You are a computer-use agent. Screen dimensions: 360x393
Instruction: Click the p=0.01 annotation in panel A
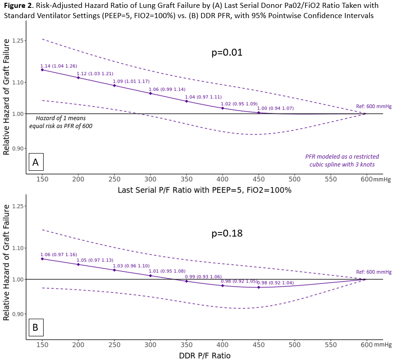(227, 52)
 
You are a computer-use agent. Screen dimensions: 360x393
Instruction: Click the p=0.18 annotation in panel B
(227, 233)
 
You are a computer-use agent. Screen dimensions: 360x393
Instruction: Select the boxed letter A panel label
(35, 162)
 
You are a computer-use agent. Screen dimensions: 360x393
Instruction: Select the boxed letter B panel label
(35, 328)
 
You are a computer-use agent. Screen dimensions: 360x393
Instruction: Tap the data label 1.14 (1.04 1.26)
(58, 66)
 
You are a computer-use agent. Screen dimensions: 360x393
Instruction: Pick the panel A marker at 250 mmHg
(114, 85)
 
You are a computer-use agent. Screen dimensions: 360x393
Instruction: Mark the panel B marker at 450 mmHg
(258, 287)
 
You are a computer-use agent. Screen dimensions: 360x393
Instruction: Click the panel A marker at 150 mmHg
(42, 70)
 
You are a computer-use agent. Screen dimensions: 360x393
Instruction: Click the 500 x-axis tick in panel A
(294, 179)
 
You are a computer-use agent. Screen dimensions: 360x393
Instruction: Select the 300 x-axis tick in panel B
(150, 345)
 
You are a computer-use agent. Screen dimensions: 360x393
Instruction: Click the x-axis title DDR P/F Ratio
(204, 355)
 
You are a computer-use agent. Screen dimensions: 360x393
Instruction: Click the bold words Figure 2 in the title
(18, 6)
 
